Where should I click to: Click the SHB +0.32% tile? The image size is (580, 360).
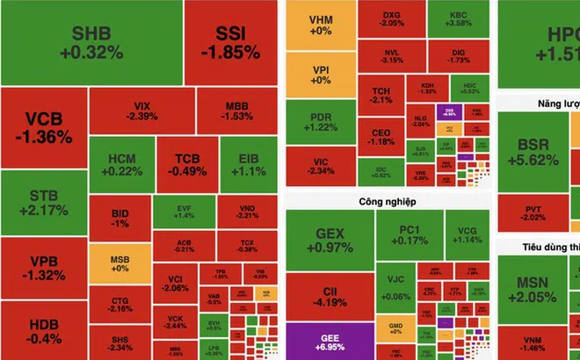91,42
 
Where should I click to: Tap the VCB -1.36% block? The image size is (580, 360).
43,128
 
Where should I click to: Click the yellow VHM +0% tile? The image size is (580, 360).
321,24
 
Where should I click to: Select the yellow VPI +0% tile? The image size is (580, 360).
321,75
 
